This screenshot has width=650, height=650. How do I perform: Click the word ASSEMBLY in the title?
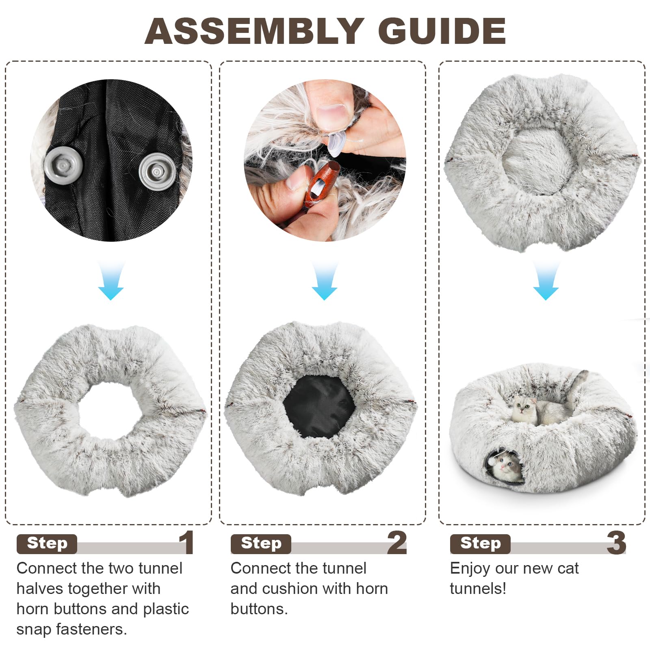click(254, 31)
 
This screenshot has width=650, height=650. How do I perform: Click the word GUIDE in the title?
click(442, 31)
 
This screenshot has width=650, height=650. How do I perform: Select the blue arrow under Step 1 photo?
click(111, 281)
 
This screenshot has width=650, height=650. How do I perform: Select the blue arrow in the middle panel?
click(325, 281)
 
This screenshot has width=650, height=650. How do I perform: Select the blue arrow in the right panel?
click(546, 281)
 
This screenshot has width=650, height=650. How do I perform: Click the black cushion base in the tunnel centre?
click(318, 406)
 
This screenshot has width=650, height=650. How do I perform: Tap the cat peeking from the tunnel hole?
click(505, 467)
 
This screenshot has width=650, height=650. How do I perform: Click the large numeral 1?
click(186, 542)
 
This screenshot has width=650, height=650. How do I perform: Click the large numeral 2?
click(397, 542)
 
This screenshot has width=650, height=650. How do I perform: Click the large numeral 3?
click(616, 542)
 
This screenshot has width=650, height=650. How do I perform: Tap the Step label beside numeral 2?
click(261, 544)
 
